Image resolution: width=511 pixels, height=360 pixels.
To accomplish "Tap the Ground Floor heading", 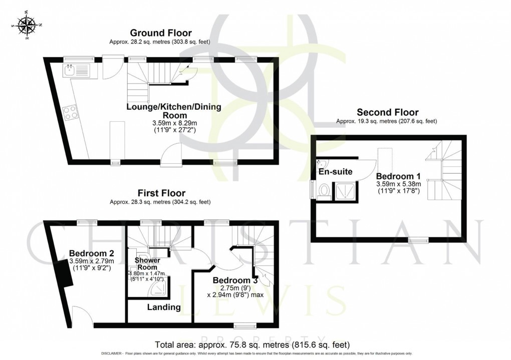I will coord(159,33).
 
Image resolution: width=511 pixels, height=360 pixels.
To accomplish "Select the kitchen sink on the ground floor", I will coord(76,71).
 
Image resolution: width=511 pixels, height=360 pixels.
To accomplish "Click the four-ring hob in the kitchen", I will coord(71,113).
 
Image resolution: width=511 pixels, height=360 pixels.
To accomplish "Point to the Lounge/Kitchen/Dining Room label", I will coord(173,111).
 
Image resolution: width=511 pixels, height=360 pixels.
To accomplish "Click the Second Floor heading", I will coord(387,112).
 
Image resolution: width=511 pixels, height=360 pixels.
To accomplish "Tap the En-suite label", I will coord(336,172).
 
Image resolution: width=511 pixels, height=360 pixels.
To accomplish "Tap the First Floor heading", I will coord(161,193).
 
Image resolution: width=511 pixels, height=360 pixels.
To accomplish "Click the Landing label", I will coord(164,307).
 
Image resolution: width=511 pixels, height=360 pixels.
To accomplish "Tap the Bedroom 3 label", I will coord(235,280).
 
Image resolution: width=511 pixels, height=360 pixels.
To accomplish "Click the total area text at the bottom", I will coord(252,345).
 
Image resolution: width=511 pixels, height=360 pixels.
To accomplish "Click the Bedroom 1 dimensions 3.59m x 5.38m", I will coord(399,184).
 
